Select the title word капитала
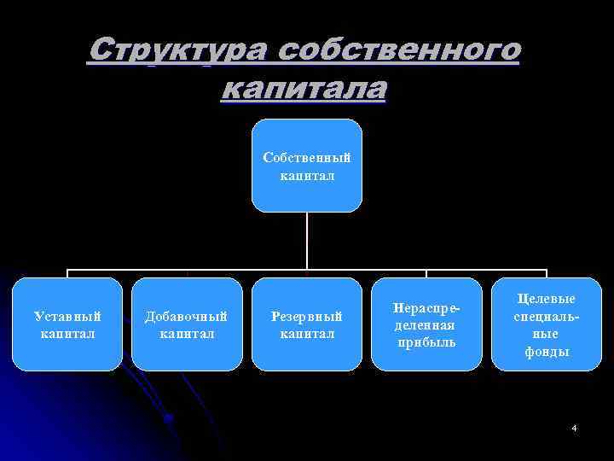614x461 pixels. (x=304, y=88)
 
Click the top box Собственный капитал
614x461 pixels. (x=307, y=166)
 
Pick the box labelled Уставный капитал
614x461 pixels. (x=67, y=324)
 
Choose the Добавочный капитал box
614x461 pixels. (x=187, y=324)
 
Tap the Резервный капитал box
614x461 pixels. (x=307, y=324)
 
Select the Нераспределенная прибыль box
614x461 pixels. (x=426, y=324)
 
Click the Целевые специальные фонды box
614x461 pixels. (x=546, y=324)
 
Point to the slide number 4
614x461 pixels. (x=574, y=426)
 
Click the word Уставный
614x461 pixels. (x=67, y=317)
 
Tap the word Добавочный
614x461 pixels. (x=187, y=317)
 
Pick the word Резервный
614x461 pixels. (x=307, y=317)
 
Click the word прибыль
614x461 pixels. (x=426, y=342)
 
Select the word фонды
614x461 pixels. (x=546, y=352)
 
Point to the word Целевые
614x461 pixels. (x=546, y=299)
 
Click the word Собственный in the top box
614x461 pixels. (x=307, y=158)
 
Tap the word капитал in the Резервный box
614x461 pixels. (x=307, y=334)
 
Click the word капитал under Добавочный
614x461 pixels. (x=187, y=334)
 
